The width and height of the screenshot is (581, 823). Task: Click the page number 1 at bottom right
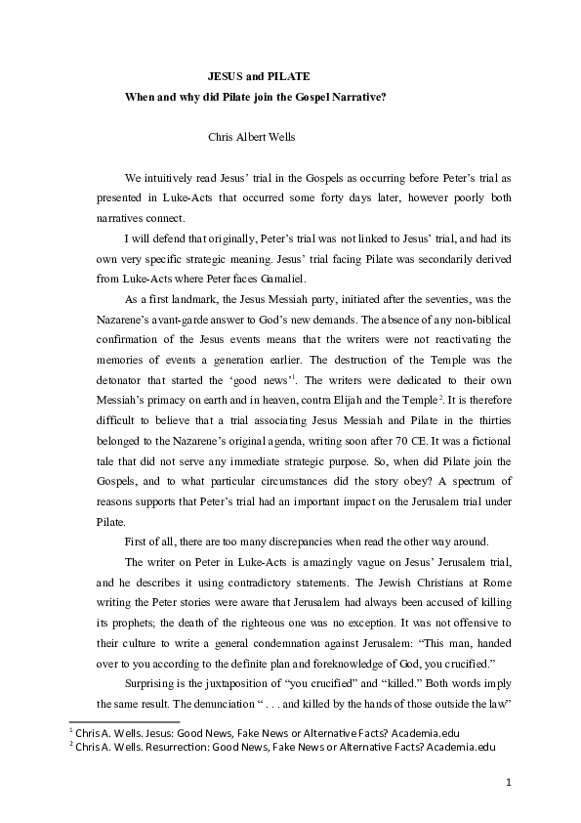509,782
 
